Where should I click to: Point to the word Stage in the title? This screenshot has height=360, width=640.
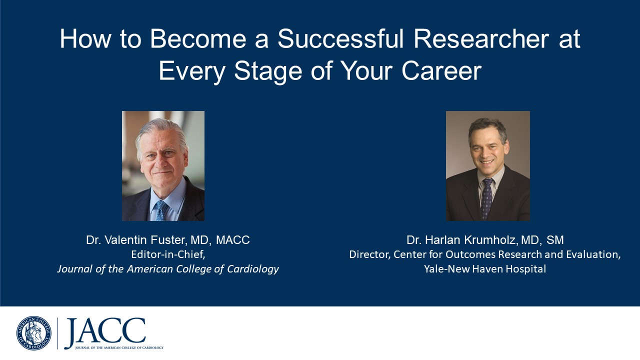pos(267,71)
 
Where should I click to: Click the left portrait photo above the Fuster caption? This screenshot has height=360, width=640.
pos(163,165)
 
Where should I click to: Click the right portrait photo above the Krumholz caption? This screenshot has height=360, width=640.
pos(487,165)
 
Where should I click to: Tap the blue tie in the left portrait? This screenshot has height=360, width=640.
pos(161,210)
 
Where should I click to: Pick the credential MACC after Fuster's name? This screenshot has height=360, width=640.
pos(232,240)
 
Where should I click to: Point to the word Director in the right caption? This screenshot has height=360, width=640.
pos(369,254)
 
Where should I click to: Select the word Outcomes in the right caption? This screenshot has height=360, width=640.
pos(468,254)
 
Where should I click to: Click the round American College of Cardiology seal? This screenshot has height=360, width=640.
pos(33,333)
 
